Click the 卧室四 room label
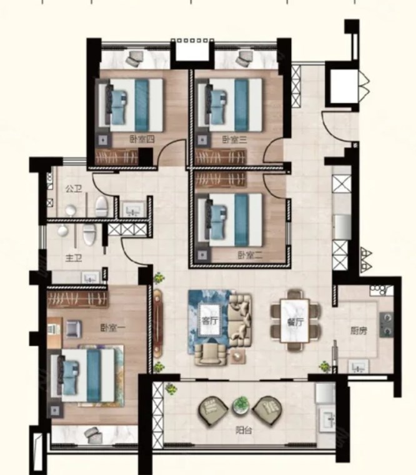142,139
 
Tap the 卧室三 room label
235,139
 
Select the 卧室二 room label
250,256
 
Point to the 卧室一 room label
112,327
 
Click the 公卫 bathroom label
74,189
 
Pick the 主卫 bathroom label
74,258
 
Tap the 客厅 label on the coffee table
209,321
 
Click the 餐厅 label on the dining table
295,322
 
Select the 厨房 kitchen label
359,331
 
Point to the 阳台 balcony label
244,430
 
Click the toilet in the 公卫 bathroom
102,206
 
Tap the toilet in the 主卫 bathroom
89,234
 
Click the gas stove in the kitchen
387,324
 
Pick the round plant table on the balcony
241,406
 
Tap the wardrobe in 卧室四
117,157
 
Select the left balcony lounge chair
213,411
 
